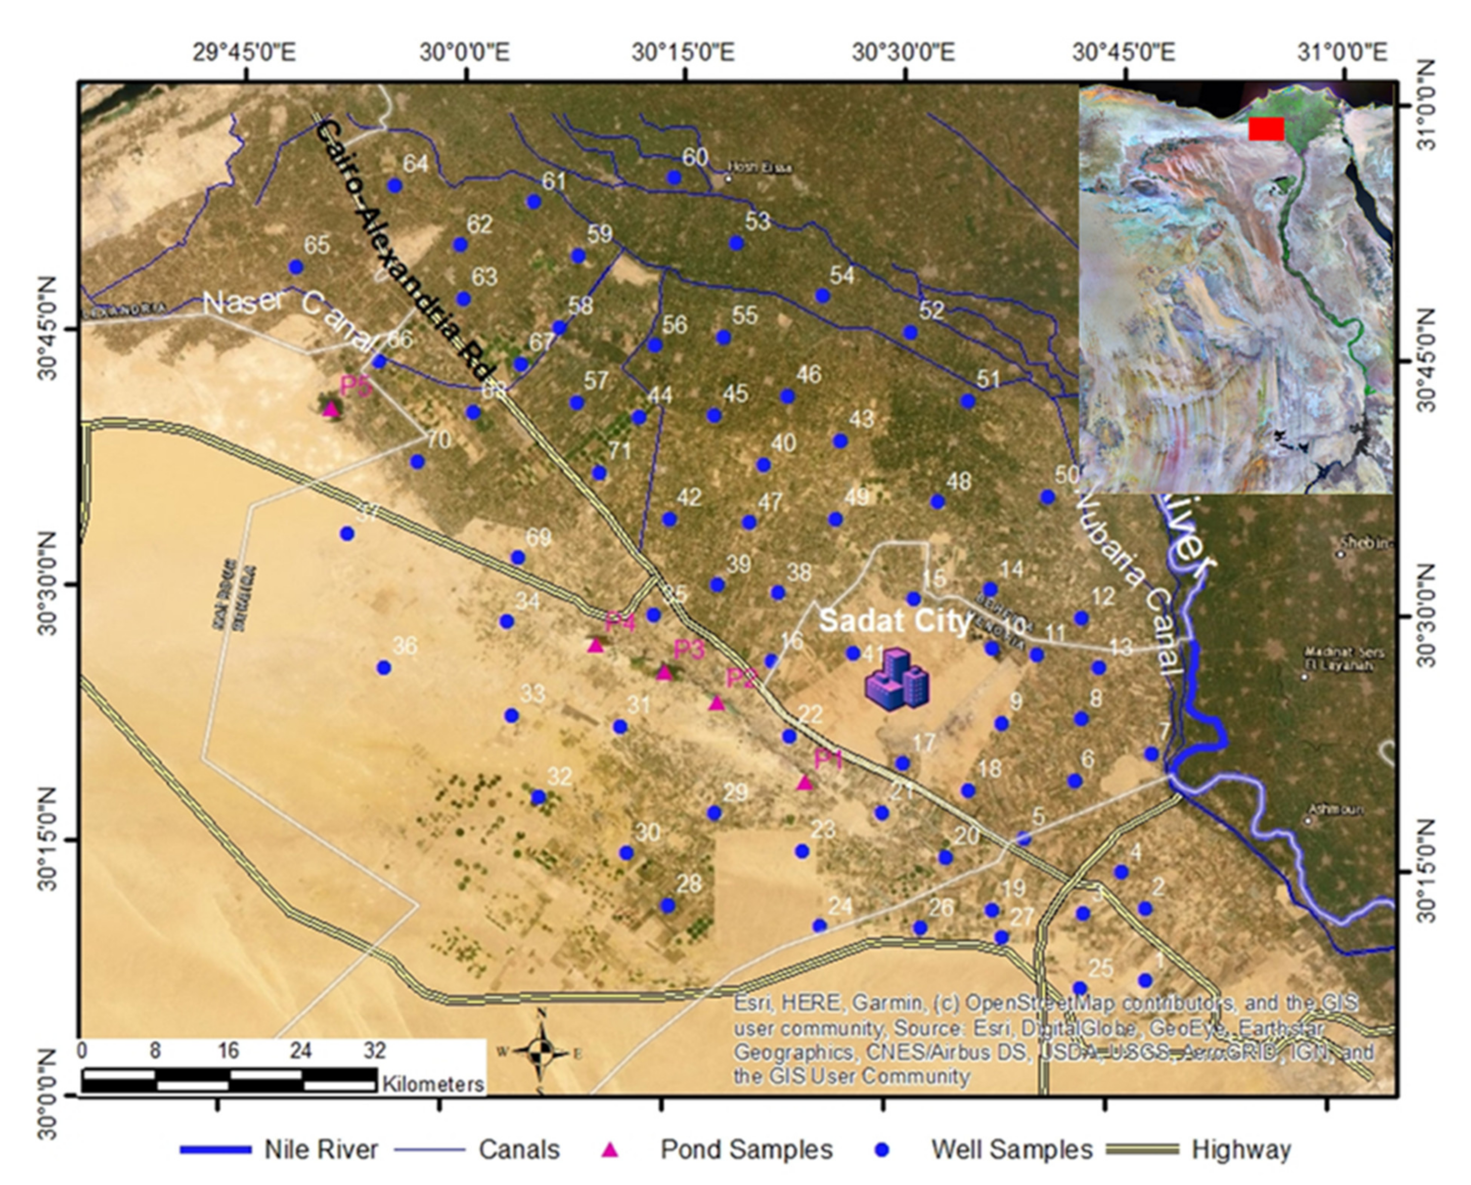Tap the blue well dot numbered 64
394,186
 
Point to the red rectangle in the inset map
1266,128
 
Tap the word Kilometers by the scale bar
433,1083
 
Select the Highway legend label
1241,1150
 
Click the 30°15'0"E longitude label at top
683,52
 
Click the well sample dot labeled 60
674,178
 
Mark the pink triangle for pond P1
805,782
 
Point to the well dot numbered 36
384,667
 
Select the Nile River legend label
321,1150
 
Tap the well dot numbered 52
910,332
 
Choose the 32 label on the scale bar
374,1050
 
